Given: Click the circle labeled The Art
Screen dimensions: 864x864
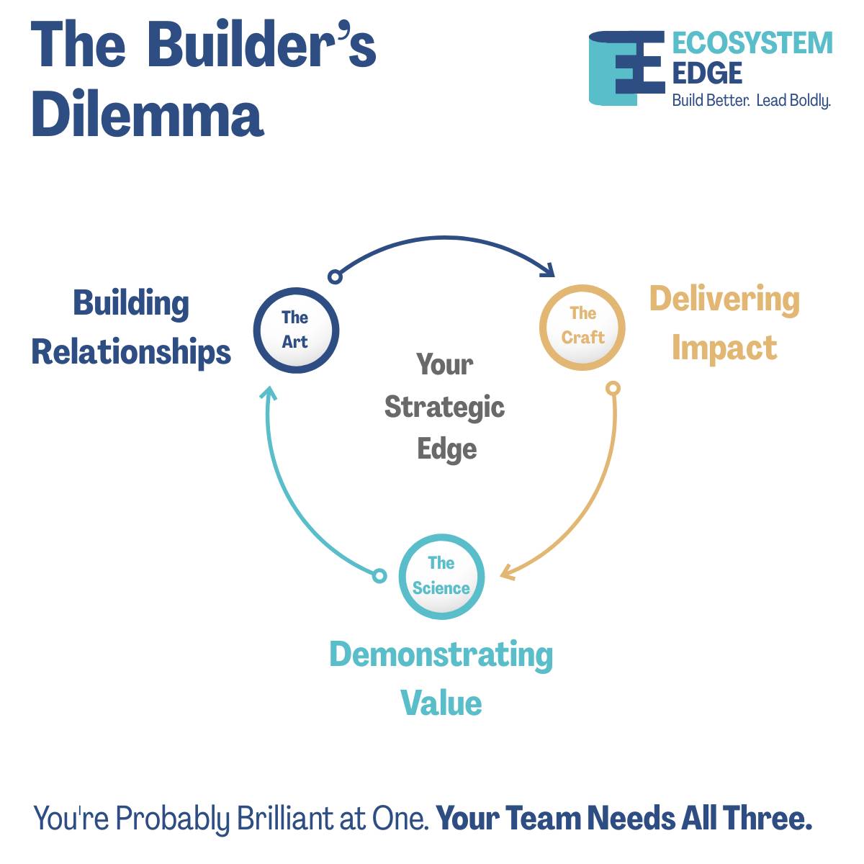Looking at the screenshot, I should click(x=296, y=330).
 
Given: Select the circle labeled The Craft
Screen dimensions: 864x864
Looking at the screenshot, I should click(x=582, y=327).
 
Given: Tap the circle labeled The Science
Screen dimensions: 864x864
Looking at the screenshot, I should click(x=441, y=577).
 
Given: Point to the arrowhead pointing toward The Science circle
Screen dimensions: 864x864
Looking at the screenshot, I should click(x=507, y=572).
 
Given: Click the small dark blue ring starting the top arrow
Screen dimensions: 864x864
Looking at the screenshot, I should click(x=334, y=276).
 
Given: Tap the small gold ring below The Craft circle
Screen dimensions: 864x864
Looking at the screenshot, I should click(x=613, y=389).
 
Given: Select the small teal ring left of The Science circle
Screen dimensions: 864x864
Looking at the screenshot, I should click(x=379, y=575).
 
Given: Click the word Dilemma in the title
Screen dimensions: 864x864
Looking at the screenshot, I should click(x=148, y=115).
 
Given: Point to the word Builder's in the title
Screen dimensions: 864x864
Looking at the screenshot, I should click(x=262, y=45).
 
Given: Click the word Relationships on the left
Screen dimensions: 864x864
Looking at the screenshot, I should click(x=131, y=352).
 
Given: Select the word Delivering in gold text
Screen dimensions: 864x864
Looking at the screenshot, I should click(x=724, y=299).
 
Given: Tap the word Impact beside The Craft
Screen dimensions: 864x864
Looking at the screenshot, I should click(x=724, y=347).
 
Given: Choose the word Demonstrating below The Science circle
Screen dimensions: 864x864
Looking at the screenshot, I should click(x=441, y=655).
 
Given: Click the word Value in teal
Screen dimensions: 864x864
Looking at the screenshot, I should click(x=441, y=703).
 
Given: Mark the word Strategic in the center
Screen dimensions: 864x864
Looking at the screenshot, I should click(x=444, y=407).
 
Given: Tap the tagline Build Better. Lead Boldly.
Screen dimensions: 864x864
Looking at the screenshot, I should click(x=751, y=100).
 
